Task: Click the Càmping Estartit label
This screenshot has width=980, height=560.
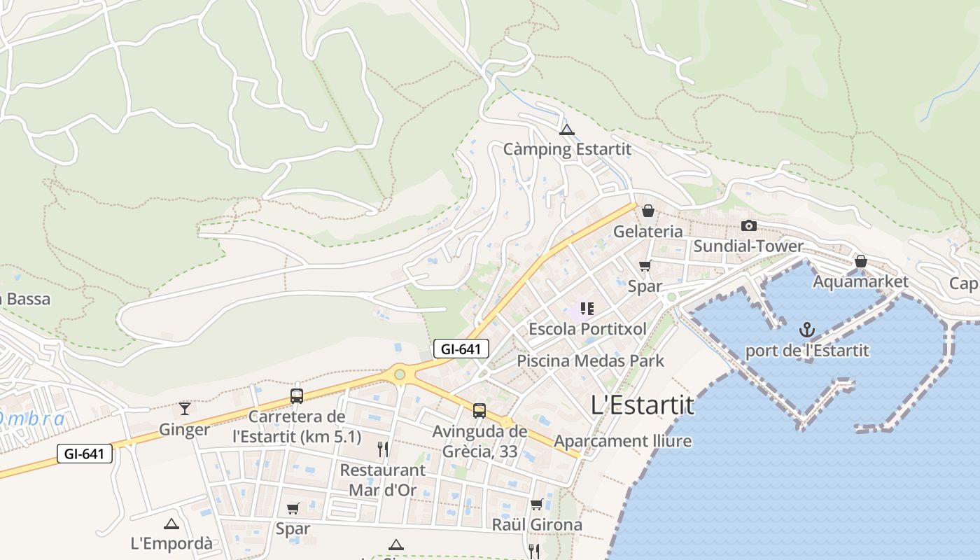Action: click(567, 149)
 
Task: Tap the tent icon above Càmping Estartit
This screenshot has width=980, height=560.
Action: click(567, 129)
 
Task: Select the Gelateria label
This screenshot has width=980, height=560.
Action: click(647, 231)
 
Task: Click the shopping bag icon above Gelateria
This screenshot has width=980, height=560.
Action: click(648, 211)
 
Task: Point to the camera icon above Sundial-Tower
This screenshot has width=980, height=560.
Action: click(749, 225)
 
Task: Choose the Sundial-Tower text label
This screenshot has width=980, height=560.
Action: click(748, 246)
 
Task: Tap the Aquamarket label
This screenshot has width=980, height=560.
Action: click(860, 281)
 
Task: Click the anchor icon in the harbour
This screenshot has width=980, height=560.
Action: click(807, 330)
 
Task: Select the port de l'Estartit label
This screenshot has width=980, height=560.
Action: click(807, 350)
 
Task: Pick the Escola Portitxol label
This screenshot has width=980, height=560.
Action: click(587, 328)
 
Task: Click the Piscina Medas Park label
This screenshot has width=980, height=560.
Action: click(590, 361)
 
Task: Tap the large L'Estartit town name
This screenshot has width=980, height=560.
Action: click(643, 405)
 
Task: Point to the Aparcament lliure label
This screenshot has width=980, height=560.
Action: click(622, 441)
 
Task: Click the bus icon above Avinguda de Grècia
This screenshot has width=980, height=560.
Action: click(479, 411)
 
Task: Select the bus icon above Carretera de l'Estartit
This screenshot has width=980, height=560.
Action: click(297, 396)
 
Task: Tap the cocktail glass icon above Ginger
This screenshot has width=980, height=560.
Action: click(185, 408)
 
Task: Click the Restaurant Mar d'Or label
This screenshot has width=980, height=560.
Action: click(382, 479)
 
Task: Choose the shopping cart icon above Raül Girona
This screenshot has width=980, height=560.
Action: click(537, 504)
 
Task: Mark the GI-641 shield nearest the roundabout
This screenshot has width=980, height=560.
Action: click(461, 349)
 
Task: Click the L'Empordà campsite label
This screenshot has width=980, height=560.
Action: click(171, 543)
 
